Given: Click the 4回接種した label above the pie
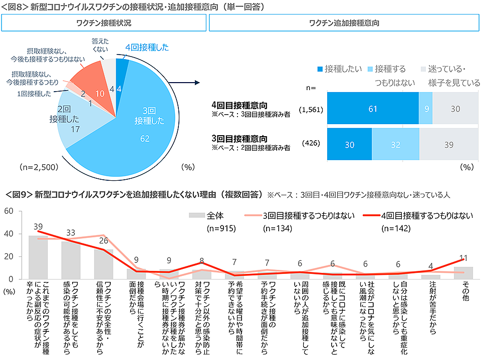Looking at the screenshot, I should pyautogui.click(x=147, y=48).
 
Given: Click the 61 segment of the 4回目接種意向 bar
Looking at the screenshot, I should pyautogui.click(x=372, y=108).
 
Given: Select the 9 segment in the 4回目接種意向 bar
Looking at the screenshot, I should pyautogui.click(x=425, y=108).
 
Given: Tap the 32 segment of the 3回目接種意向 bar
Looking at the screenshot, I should pyautogui.click(x=395, y=144).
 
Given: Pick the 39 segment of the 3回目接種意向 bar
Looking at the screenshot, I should pyautogui.click(x=449, y=144).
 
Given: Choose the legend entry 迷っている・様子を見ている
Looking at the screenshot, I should pyautogui.click(x=450, y=76).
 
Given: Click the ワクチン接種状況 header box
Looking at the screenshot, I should pyautogui.click(x=104, y=23).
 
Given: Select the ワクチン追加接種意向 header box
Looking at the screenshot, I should pyautogui.click(x=344, y=23).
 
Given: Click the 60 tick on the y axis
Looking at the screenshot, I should pyautogui.click(x=9, y=211).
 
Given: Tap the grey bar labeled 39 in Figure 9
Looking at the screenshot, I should pyautogui.click(x=38, y=257).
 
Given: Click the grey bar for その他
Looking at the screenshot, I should pyautogui.click(x=463, y=273).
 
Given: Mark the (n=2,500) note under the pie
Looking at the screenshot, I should pyautogui.click(x=39, y=167).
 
